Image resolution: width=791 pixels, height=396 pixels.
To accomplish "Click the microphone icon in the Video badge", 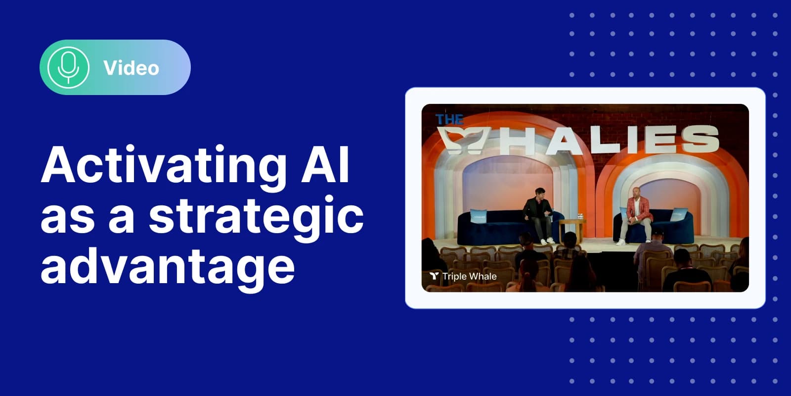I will click(68, 67).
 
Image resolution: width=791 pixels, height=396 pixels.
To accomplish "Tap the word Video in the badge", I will click(131, 68).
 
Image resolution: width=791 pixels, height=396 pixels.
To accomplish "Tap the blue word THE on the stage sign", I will click(449, 120).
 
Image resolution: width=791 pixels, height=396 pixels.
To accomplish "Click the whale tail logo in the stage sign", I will click(465, 139).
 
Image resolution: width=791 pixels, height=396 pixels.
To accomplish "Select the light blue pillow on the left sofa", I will click(479, 216).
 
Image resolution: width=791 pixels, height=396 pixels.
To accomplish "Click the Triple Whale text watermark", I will click(469, 276).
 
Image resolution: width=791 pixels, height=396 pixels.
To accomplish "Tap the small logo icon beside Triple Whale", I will click(434, 276).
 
